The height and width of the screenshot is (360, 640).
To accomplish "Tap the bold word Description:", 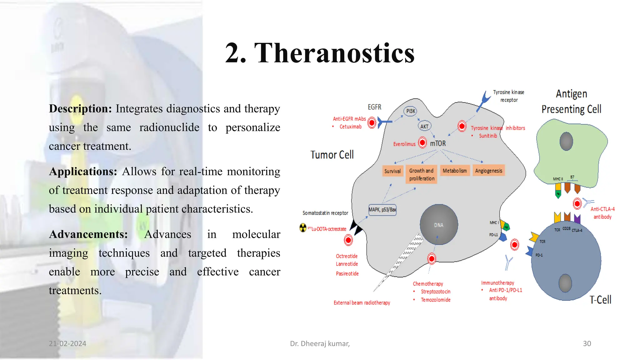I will pyautogui.click(x=80, y=109).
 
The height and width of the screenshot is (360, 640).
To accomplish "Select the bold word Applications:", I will pyautogui.click(x=83, y=172).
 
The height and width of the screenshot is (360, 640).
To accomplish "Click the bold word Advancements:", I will pyautogui.click(x=88, y=234).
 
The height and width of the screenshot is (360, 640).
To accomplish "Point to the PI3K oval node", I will pyautogui.click(x=410, y=111).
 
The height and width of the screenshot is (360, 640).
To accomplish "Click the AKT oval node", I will pyautogui.click(x=424, y=126).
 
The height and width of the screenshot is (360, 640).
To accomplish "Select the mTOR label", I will pyautogui.click(x=437, y=143).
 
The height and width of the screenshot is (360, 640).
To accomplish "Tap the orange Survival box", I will pyautogui.click(x=392, y=171).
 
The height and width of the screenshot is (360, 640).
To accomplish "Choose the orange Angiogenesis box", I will pyautogui.click(x=488, y=171).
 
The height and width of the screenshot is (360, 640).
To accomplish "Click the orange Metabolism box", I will pyautogui.click(x=454, y=171).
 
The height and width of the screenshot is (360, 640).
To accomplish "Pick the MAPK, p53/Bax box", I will pyautogui.click(x=382, y=209).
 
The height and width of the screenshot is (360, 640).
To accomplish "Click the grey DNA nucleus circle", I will pyautogui.click(x=439, y=224).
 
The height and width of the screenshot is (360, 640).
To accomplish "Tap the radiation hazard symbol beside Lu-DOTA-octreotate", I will pyautogui.click(x=303, y=228).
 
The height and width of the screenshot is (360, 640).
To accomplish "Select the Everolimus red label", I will pyautogui.click(x=404, y=144).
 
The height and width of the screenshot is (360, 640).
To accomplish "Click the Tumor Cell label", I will pyautogui.click(x=332, y=155).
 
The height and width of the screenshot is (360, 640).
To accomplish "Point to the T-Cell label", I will pyautogui.click(x=600, y=300).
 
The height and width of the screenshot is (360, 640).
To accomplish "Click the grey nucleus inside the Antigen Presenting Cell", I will pyautogui.click(x=566, y=141).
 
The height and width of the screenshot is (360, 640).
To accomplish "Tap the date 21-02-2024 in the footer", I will pyautogui.click(x=67, y=343).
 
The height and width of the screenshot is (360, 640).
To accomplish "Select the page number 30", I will pyautogui.click(x=587, y=343).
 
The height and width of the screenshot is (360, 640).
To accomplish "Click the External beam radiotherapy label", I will pyautogui.click(x=362, y=302).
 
